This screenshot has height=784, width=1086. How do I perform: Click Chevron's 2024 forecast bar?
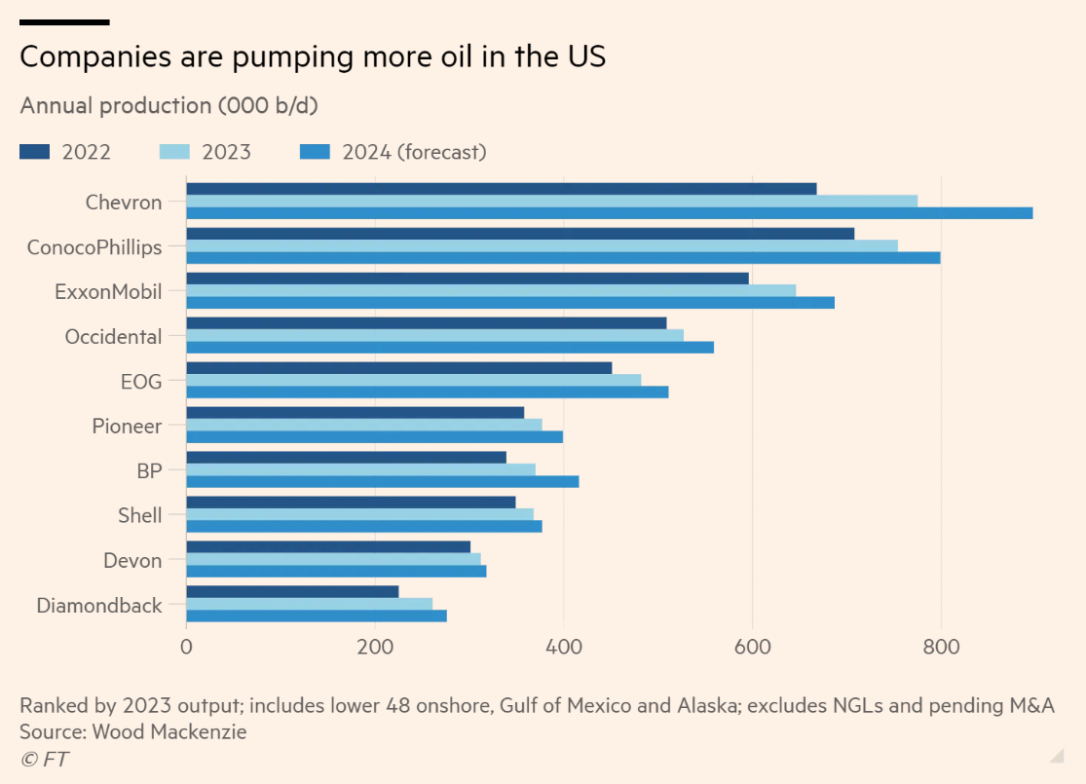click(x=609, y=213)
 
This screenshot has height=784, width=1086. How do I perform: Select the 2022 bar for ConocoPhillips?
click(x=520, y=234)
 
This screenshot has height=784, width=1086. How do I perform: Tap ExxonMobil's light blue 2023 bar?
click(x=491, y=290)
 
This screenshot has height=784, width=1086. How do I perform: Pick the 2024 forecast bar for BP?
click(x=383, y=481)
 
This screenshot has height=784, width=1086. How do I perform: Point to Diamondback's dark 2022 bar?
click(x=292, y=592)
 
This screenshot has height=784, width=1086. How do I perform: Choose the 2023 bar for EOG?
click(x=413, y=380)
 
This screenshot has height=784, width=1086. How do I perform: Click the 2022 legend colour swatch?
click(x=34, y=152)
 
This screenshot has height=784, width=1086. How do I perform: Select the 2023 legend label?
click(x=226, y=152)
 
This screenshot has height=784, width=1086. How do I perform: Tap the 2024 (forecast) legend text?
click(x=414, y=152)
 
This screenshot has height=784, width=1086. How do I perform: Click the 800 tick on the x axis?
click(x=941, y=645)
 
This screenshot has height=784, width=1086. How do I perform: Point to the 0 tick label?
click(x=186, y=645)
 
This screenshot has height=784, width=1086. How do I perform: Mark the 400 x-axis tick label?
click(x=563, y=645)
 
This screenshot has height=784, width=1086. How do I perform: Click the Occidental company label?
click(x=113, y=337)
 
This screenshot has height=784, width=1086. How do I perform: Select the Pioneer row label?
click(x=127, y=426)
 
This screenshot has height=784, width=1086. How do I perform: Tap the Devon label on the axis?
click(x=132, y=560)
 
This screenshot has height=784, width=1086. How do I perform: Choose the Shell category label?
click(x=139, y=515)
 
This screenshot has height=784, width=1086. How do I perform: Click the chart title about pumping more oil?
click(x=313, y=56)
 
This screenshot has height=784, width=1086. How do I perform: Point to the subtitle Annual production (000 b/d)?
click(x=169, y=105)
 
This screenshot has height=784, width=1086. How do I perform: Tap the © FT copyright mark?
click(x=44, y=759)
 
